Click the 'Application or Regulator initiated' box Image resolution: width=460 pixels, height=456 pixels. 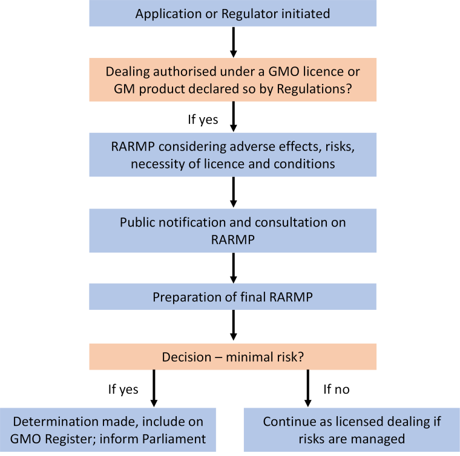pyautogui.click(x=232, y=13)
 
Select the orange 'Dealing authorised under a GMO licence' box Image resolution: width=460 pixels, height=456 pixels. pyautogui.click(x=232, y=80)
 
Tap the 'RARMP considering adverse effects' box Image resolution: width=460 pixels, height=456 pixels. pyautogui.click(x=232, y=155)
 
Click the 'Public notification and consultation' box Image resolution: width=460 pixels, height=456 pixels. pyautogui.click(x=232, y=231)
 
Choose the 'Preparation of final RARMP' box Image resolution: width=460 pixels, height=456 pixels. pyautogui.click(x=232, y=297)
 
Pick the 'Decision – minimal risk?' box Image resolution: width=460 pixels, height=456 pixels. pyautogui.click(x=232, y=357)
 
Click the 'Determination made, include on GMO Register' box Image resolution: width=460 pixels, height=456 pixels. pyautogui.click(x=108, y=430)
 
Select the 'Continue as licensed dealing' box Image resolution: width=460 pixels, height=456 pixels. pyautogui.click(x=352, y=430)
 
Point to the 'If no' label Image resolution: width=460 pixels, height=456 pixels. pyautogui.click(x=337, y=390)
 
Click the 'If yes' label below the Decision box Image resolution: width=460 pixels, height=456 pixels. pyautogui.click(x=123, y=390)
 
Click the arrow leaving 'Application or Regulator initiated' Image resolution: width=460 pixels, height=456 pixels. pyautogui.click(x=234, y=42)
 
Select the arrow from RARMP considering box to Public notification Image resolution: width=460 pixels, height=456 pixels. pyautogui.click(x=234, y=192)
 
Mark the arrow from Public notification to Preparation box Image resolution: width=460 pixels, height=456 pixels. pyautogui.click(x=234, y=268)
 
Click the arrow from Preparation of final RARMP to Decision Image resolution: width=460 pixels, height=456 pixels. pyautogui.click(x=234, y=325)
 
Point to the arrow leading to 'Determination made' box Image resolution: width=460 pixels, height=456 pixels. pyautogui.click(x=154, y=388)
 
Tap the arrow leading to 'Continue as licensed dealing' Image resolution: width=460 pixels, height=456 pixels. pyautogui.click(x=307, y=388)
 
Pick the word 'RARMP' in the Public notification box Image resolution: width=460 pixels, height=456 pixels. pyautogui.click(x=233, y=240)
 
